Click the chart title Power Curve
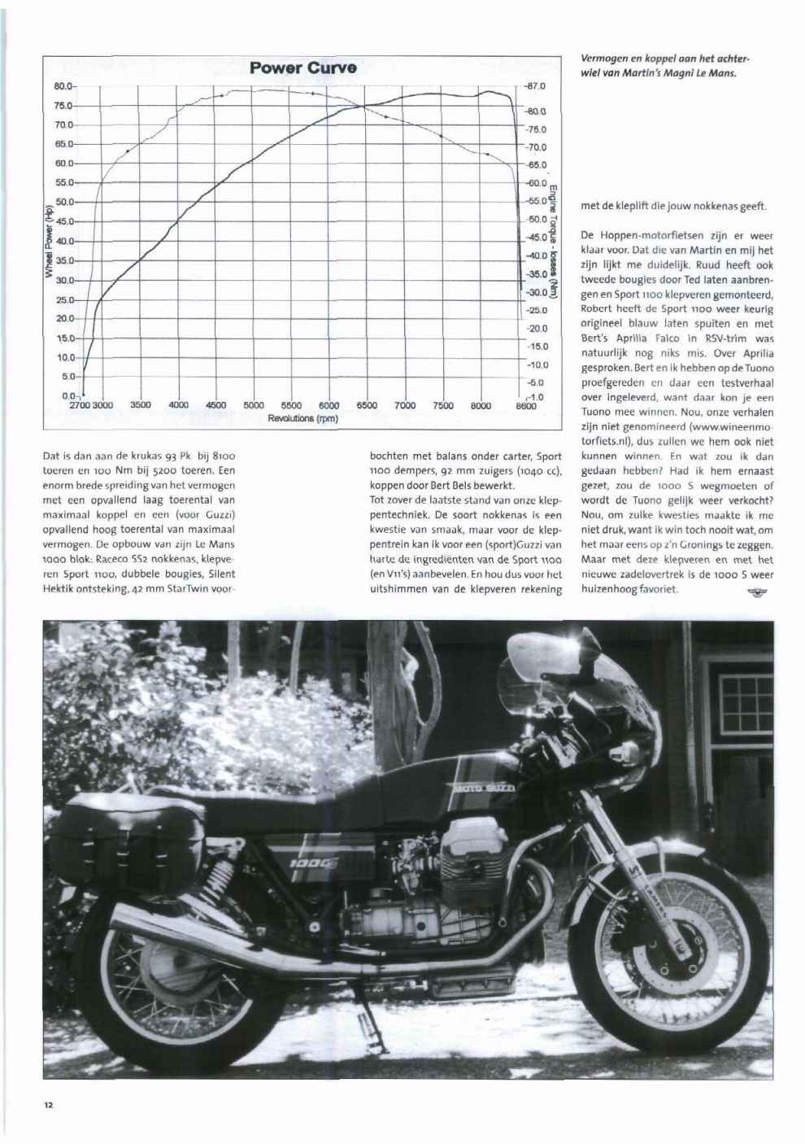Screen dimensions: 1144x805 303,68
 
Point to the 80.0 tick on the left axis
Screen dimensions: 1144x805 64,85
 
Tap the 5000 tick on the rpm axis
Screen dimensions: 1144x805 254,404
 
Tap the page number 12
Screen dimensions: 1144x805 49,1104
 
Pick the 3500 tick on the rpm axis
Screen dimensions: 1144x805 141,404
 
